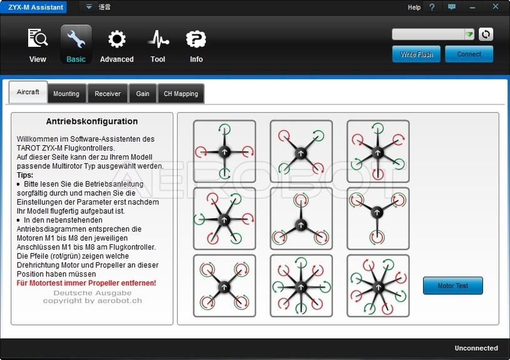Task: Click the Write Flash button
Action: (x=416, y=54)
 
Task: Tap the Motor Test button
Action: (x=453, y=285)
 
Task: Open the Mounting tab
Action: (x=66, y=94)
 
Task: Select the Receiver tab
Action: (x=108, y=94)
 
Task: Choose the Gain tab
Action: (x=143, y=94)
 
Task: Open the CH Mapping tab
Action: (x=181, y=94)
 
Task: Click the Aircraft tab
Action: (x=28, y=92)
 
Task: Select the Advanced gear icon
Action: (x=117, y=39)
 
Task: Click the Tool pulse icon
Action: (x=158, y=39)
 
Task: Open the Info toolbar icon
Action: (x=196, y=39)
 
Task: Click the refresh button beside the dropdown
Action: (x=486, y=34)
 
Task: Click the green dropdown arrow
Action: (x=469, y=34)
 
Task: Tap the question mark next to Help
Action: (x=432, y=7)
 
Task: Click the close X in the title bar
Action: (x=496, y=6)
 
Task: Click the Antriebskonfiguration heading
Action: (x=92, y=121)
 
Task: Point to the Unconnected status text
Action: (x=476, y=348)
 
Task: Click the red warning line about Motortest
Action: (x=86, y=283)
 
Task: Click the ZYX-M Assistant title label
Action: (x=36, y=7)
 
